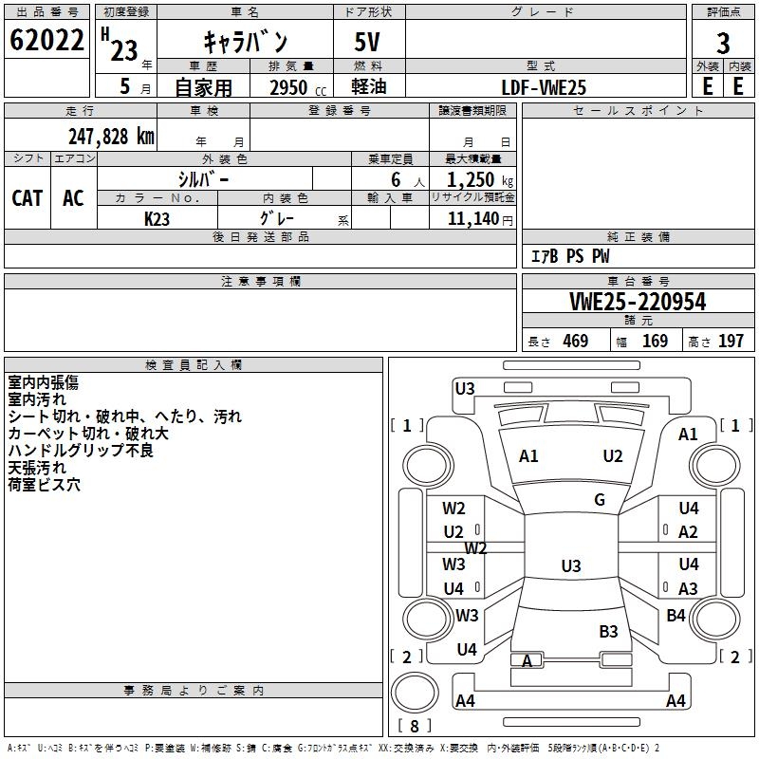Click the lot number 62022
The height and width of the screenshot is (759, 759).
(46, 40)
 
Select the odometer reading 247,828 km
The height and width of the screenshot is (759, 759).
(110, 136)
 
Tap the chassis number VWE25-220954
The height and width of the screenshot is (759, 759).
(638, 302)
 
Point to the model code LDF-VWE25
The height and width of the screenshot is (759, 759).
(544, 87)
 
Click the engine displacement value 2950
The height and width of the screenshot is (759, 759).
(288, 87)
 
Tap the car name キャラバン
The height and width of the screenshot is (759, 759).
(246, 43)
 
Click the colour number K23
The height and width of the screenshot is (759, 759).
(157, 218)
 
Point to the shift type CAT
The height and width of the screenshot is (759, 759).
(27, 197)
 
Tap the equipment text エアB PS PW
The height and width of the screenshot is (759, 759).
(569, 256)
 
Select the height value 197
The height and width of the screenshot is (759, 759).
(731, 341)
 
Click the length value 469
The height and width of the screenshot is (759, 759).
(575, 341)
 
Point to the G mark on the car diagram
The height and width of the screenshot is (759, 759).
(600, 500)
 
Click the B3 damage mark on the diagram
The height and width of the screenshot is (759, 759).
(608, 631)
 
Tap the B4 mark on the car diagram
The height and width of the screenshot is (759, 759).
(676, 616)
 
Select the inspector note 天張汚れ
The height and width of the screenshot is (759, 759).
(37, 468)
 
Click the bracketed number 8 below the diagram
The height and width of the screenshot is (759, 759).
(414, 727)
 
